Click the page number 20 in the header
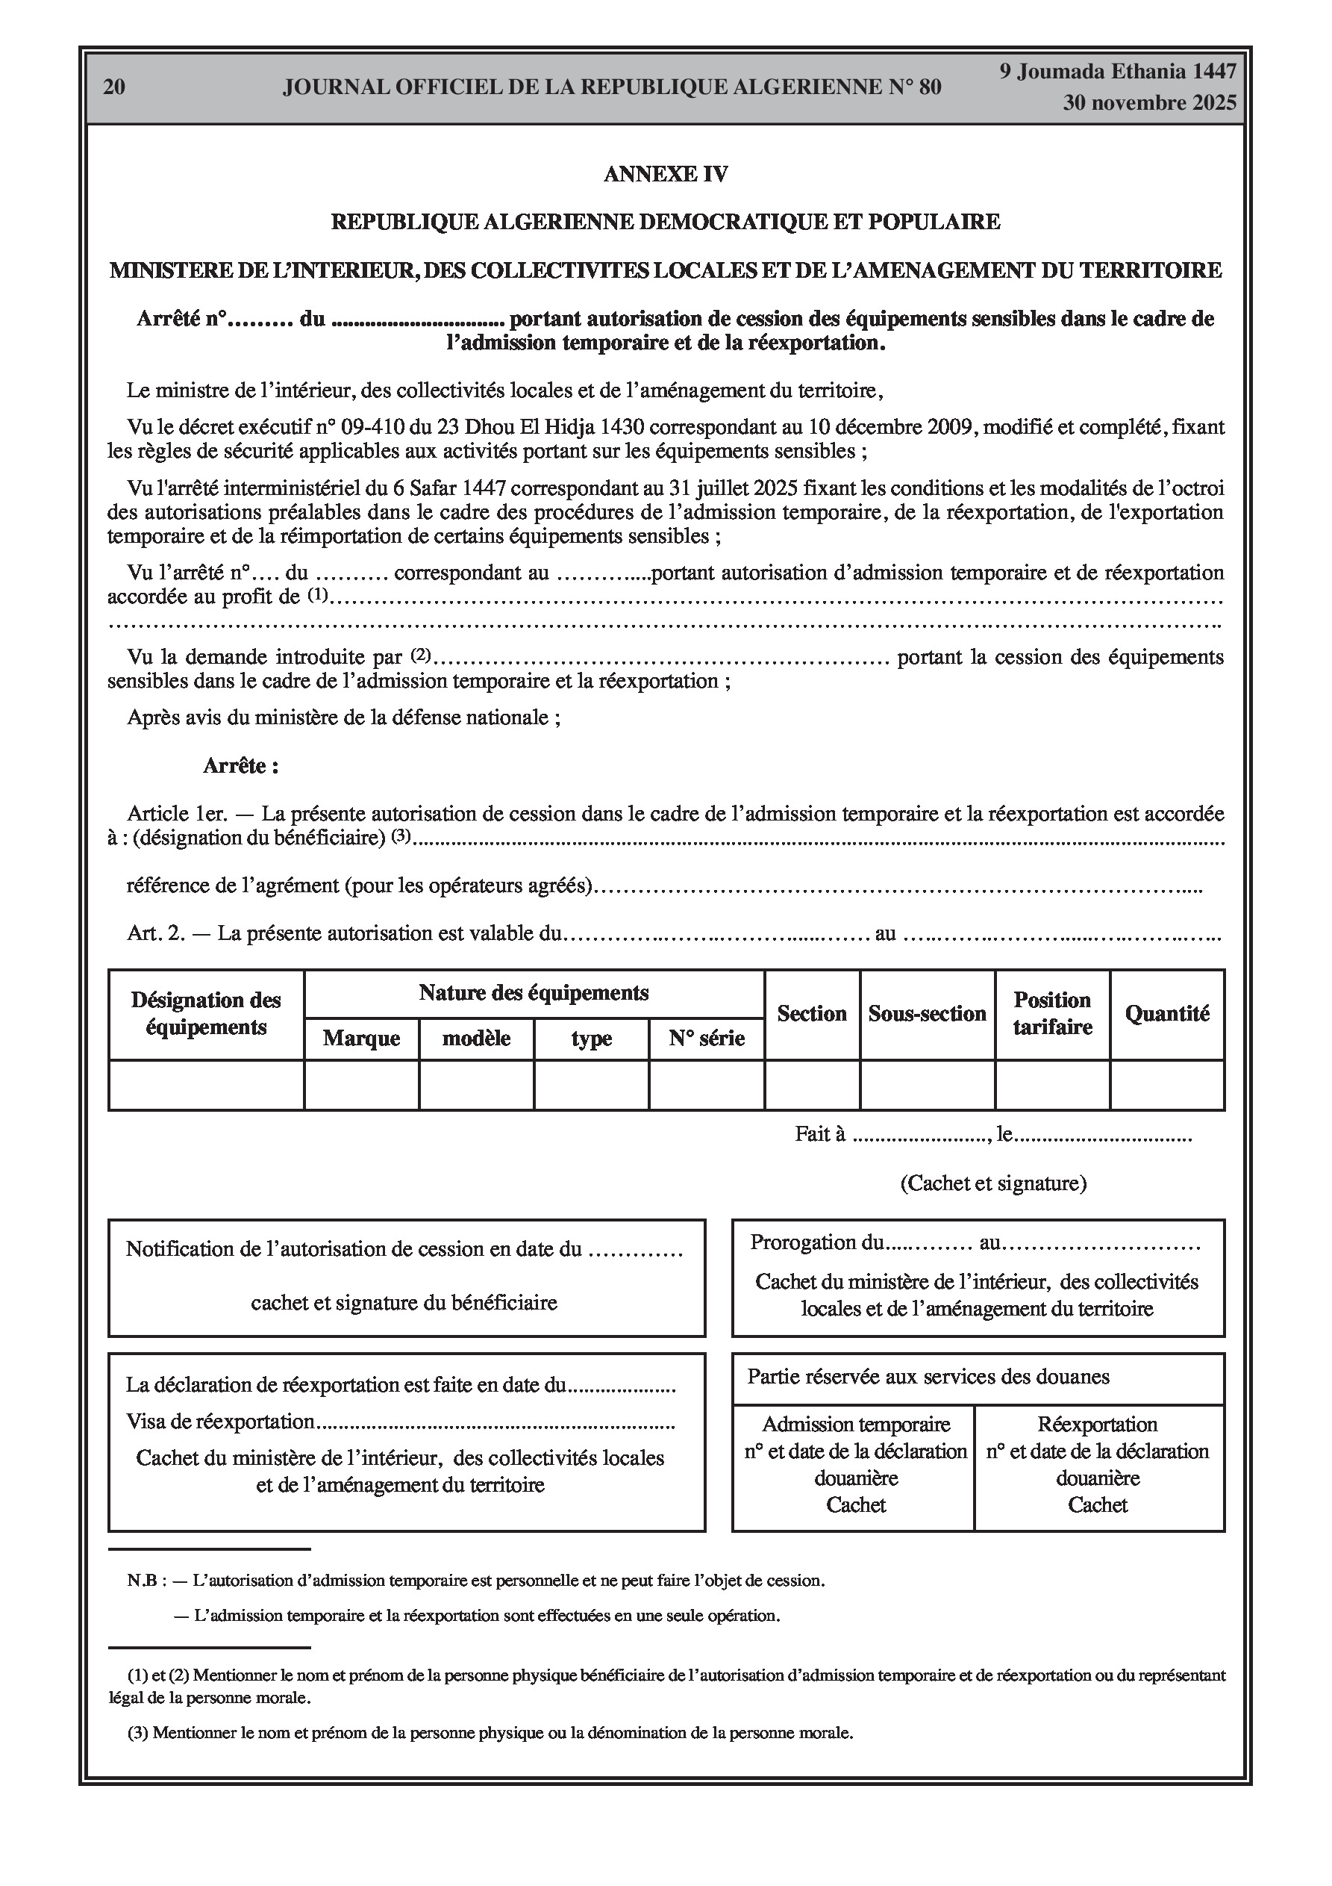[x=114, y=87]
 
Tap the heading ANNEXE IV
[x=665, y=174]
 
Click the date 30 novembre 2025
[x=1149, y=104]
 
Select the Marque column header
[x=361, y=1039]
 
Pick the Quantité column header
[x=1167, y=1014]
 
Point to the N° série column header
[x=706, y=1039]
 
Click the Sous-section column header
[x=927, y=1014]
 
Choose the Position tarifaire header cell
[x=1052, y=1014]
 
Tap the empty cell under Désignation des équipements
[x=206, y=1085]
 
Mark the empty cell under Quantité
[x=1167, y=1085]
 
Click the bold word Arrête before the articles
[x=240, y=766]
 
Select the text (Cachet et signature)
[x=992, y=1183]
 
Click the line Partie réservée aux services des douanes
[x=928, y=1377]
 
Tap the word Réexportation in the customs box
[x=1097, y=1425]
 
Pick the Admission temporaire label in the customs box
[x=856, y=1425]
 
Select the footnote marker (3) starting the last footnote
[x=138, y=1734]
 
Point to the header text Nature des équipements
[x=534, y=993]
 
